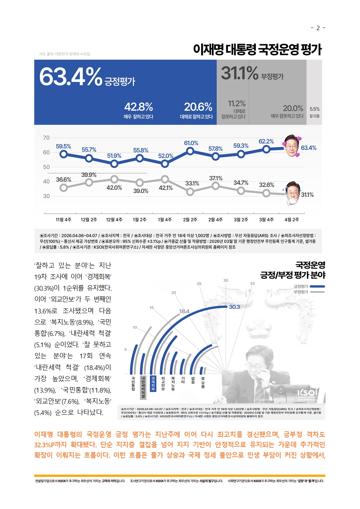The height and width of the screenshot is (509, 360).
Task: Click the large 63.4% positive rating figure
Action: (x=71, y=77)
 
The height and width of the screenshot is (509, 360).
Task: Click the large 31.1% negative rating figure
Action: (x=240, y=73)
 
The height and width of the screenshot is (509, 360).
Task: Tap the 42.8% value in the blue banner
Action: (x=138, y=107)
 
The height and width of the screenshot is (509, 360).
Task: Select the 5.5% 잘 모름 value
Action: (x=315, y=109)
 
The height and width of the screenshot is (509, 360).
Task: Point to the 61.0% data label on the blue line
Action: (x=191, y=143)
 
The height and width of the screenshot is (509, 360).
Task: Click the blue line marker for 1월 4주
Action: (x=165, y=164)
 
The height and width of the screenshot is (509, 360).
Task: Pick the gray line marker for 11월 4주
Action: (x=64, y=188)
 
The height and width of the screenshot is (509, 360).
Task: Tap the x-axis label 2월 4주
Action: (x=215, y=219)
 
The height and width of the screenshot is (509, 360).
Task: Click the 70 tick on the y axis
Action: (x=46, y=138)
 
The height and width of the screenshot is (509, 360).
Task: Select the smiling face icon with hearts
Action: (x=292, y=146)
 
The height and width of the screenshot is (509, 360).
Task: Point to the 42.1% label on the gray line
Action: (x=166, y=188)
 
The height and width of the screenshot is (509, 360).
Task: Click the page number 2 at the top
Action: (x=318, y=28)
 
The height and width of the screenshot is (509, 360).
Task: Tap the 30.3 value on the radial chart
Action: (x=234, y=307)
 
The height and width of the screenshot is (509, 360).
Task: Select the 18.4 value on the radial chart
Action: (x=184, y=311)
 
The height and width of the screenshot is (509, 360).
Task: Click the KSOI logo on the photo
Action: (x=307, y=393)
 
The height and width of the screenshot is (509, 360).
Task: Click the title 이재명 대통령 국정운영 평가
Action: (x=257, y=49)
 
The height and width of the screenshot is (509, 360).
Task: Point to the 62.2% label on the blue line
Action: (x=266, y=141)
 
